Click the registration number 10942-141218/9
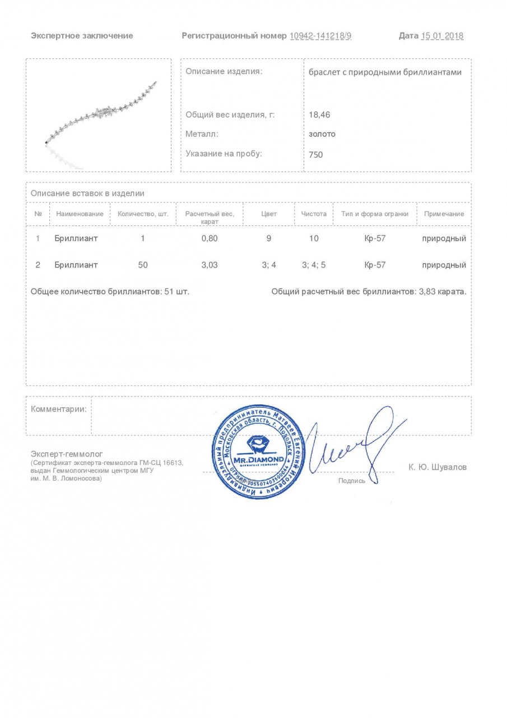pyautogui.click(x=320, y=36)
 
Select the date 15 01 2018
pyautogui.click(x=442, y=36)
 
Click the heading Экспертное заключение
pyautogui.click(x=82, y=36)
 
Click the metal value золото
pyautogui.click(x=322, y=134)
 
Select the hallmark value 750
pyautogui.click(x=316, y=154)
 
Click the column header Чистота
pyautogui.click(x=314, y=214)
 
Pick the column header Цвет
pyautogui.click(x=269, y=214)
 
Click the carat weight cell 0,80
pyautogui.click(x=210, y=238)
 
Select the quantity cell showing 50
pyautogui.click(x=143, y=265)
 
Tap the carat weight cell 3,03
pyautogui.click(x=210, y=265)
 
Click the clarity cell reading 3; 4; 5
pyautogui.click(x=314, y=265)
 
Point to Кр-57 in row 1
pyautogui.click(x=375, y=238)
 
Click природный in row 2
pyautogui.click(x=444, y=265)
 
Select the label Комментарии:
pyautogui.click(x=59, y=409)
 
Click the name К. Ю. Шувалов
pyautogui.click(x=438, y=467)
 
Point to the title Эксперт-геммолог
pyautogui.click(x=67, y=454)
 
